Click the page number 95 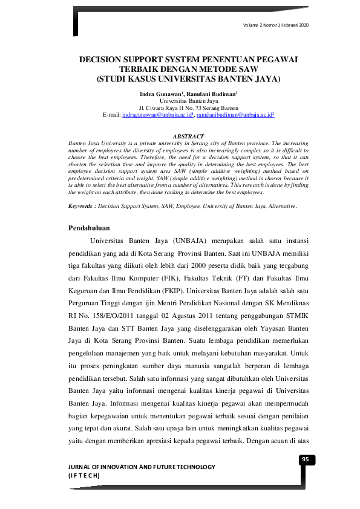(x=306, y=459)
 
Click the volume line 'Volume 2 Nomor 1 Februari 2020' (x=276, y=24)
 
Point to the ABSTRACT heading (x=188, y=137)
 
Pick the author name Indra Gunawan (x=161, y=94)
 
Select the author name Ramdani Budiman (x=214, y=94)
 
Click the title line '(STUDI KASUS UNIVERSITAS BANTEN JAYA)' (x=188, y=79)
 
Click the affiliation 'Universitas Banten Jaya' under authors (x=188, y=101)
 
